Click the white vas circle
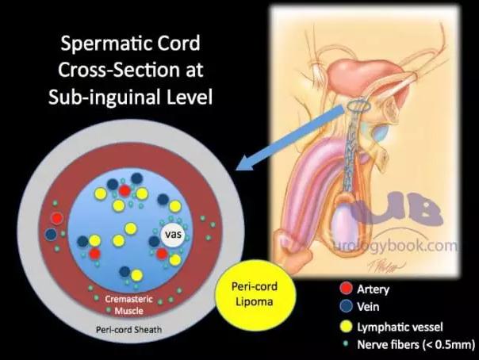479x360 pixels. coord(173,235)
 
